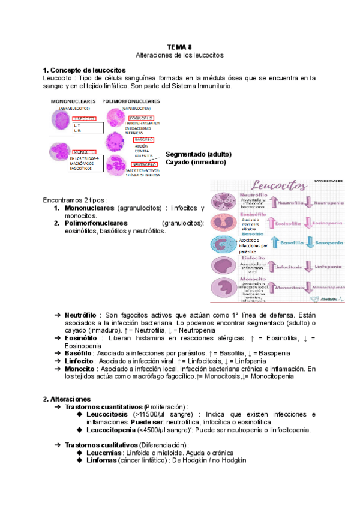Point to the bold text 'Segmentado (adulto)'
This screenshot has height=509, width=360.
coord(198,154)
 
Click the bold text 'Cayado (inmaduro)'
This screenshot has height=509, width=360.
coord(195,162)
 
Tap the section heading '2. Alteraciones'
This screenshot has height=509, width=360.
coord(67,399)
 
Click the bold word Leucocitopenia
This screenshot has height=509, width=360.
coord(115,430)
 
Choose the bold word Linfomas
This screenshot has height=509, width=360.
coord(103,460)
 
